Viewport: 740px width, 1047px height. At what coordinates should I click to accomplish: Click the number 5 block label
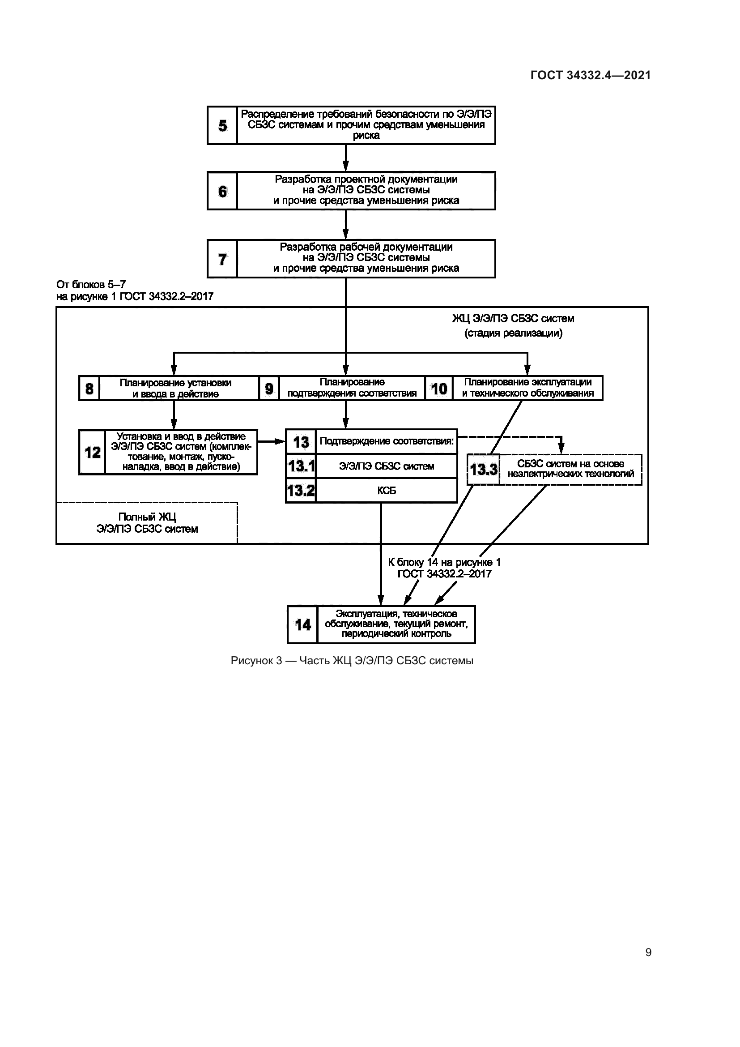(x=222, y=125)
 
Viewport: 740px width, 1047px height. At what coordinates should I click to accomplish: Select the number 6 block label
(x=222, y=191)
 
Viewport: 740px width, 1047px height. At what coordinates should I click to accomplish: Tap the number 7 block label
(x=222, y=259)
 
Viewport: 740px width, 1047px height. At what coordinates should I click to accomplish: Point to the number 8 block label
(x=89, y=389)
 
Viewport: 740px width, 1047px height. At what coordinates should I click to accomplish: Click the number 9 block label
(x=269, y=389)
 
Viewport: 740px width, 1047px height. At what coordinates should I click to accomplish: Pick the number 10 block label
(x=439, y=389)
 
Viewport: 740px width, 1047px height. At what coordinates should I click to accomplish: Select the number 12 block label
(x=93, y=453)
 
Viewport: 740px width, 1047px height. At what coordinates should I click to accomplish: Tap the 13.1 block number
(x=301, y=466)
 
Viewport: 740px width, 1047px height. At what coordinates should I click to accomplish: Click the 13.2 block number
(x=301, y=491)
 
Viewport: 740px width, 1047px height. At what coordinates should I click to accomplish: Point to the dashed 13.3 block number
(x=484, y=469)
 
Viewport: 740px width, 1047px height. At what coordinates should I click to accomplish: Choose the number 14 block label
(x=302, y=625)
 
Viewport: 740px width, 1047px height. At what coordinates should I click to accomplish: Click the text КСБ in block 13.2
(x=387, y=491)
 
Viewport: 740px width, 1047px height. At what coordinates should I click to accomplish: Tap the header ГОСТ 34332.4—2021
(x=591, y=75)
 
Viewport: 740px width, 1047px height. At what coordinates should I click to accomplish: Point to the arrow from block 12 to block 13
(x=272, y=441)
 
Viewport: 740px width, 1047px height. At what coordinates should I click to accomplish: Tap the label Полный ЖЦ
(x=147, y=517)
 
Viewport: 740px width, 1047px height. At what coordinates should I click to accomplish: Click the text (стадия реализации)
(x=513, y=333)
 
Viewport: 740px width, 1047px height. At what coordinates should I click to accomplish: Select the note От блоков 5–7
(x=91, y=285)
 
